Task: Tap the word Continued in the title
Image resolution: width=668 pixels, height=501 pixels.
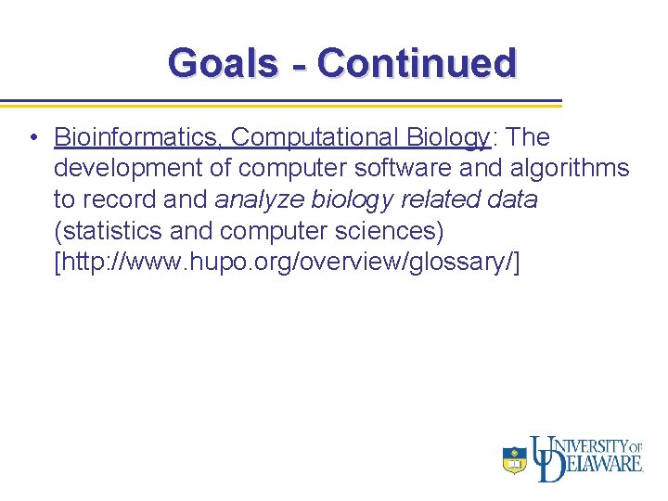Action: (x=417, y=63)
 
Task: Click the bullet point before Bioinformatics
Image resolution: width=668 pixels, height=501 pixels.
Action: (x=32, y=138)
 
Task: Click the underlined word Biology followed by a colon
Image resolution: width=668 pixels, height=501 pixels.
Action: (x=449, y=137)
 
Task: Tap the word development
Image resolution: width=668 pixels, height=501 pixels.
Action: (x=120, y=169)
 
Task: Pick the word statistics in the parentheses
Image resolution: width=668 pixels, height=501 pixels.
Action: (x=110, y=231)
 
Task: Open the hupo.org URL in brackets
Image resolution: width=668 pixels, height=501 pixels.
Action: (x=287, y=263)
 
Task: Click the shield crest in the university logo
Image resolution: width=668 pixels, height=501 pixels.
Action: (x=515, y=460)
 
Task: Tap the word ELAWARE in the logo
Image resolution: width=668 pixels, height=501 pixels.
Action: (x=603, y=463)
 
